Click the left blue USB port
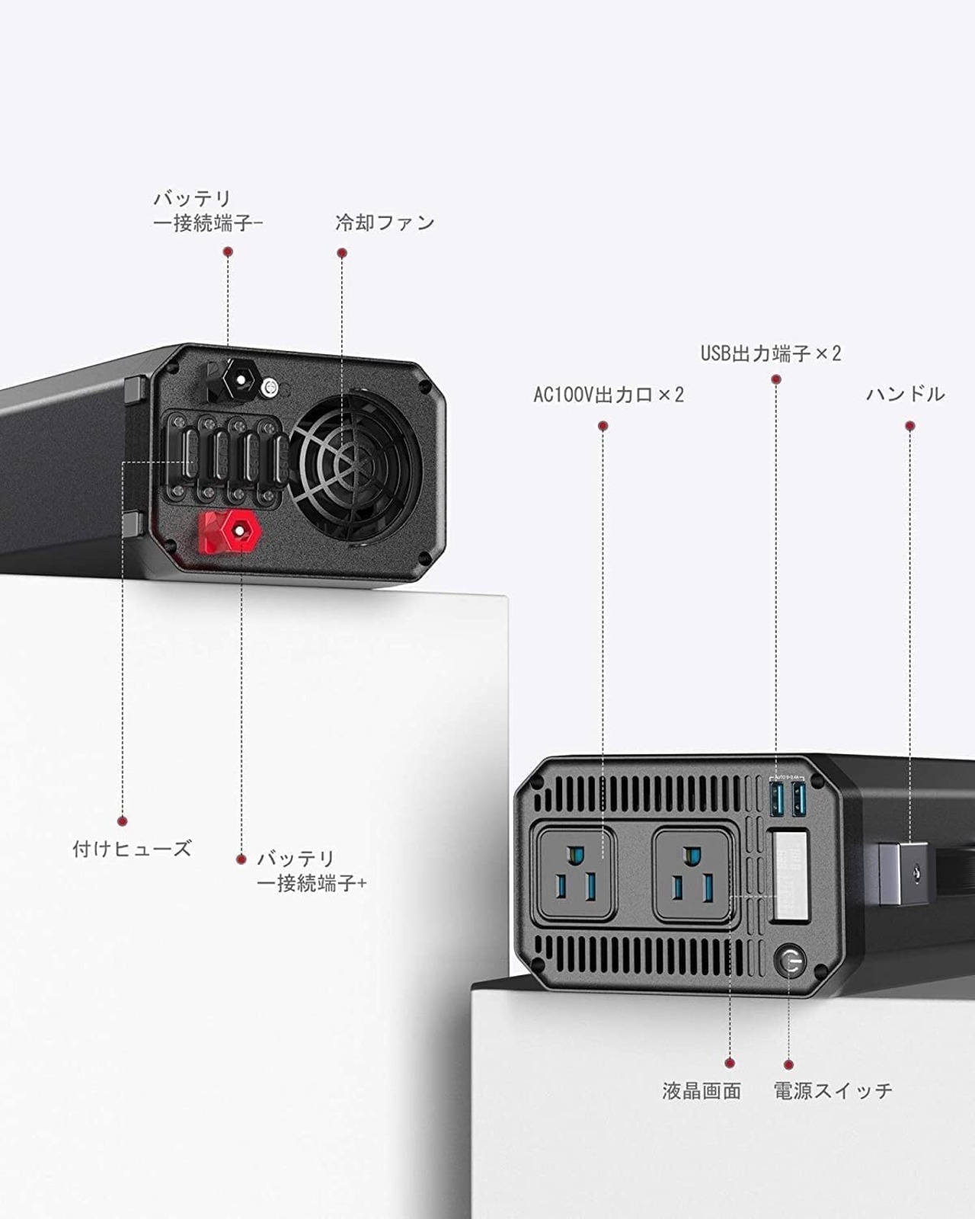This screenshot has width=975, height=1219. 777,799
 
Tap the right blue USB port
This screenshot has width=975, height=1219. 799,799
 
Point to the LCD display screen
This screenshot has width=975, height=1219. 791,875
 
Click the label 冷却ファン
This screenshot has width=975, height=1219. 385,222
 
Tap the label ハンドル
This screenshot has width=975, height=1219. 906,394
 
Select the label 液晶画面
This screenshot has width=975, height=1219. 702,1090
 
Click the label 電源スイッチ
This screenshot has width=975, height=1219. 833,1090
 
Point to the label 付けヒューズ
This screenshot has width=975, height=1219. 132,849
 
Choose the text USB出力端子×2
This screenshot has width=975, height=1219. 771,354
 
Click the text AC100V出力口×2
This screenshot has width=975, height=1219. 609,394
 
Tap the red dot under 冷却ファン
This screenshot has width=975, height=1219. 341,253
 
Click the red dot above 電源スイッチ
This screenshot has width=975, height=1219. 788,1065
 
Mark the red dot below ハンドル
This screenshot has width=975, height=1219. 909,426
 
